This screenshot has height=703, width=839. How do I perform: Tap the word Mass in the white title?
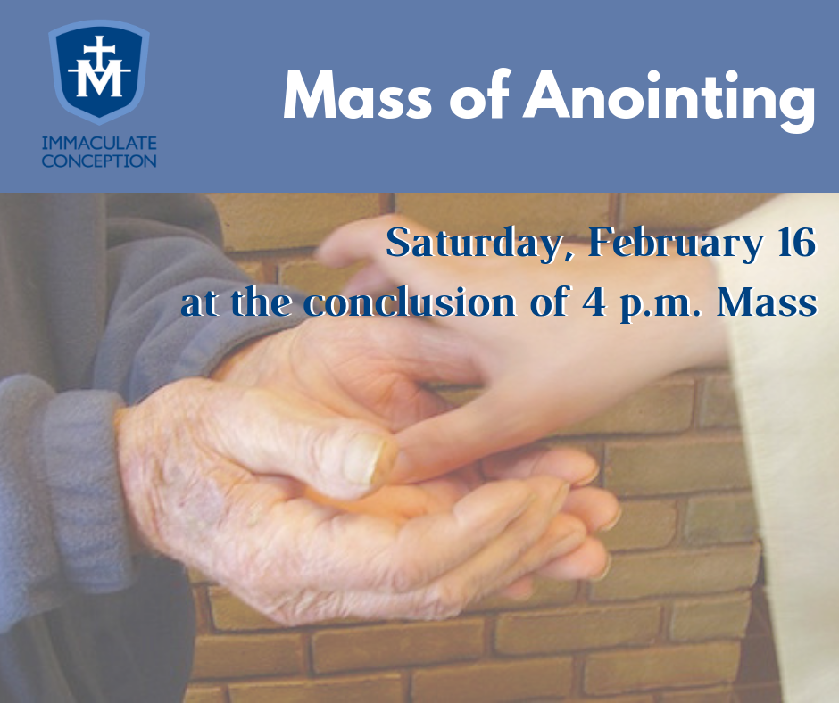[357, 96]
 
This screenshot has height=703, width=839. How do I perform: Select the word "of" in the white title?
[477, 96]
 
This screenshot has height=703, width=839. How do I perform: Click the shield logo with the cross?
[99, 71]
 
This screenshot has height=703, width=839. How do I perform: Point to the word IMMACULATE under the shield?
[100, 143]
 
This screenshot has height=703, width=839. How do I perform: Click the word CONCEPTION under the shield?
[100, 161]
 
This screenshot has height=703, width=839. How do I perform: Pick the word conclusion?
[410, 302]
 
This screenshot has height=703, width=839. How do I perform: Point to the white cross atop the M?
[100, 48]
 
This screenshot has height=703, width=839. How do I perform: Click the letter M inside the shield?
[99, 81]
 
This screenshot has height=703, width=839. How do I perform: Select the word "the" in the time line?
[262, 302]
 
